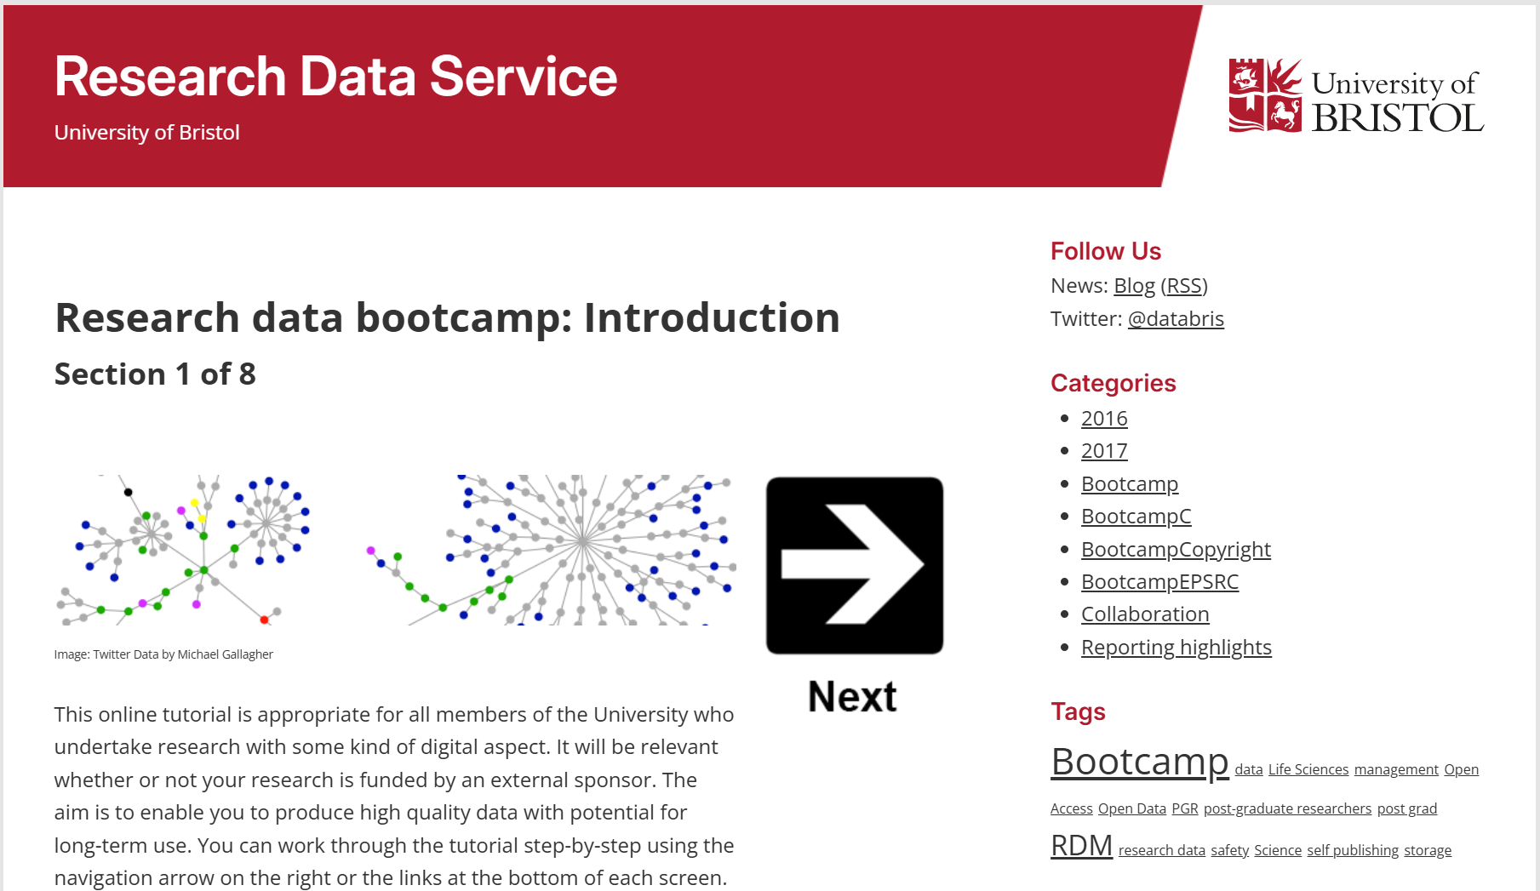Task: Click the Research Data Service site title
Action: [x=335, y=77]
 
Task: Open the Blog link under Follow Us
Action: [x=1134, y=286]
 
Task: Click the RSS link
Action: [x=1183, y=286]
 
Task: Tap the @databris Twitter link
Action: [x=1175, y=319]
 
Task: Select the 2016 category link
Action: [x=1103, y=419]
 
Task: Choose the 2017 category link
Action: [x=1103, y=451]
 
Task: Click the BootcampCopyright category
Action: [x=1175, y=550]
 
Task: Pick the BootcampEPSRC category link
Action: [x=1159, y=582]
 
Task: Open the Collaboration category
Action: [x=1144, y=614]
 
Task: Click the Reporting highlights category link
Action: [x=1175, y=648]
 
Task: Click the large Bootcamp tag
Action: [x=1139, y=762]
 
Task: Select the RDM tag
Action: [x=1081, y=846]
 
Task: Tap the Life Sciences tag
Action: [x=1308, y=769]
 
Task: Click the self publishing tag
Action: [x=1352, y=850]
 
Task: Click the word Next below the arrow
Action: [x=852, y=696]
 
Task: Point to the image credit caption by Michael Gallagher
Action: [x=163, y=654]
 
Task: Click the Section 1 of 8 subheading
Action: [x=155, y=374]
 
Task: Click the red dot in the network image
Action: [x=264, y=620]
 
